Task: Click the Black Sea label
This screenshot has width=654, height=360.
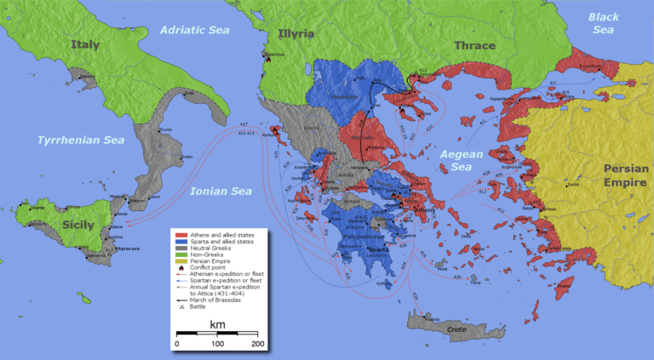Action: pyautogui.click(x=603, y=23)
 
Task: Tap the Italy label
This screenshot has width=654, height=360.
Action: pyautogui.click(x=85, y=44)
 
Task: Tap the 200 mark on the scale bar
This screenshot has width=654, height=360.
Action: pyautogui.click(x=256, y=343)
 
